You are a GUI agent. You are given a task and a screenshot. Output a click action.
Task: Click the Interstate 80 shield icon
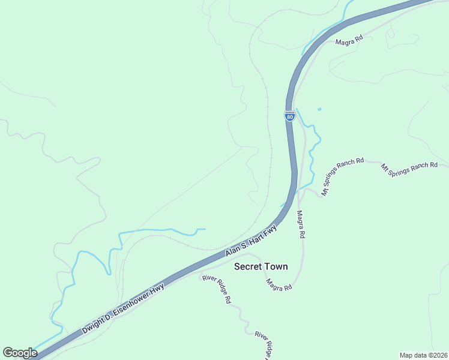tap(290, 116)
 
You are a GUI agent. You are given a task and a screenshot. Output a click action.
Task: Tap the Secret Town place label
tap(261, 266)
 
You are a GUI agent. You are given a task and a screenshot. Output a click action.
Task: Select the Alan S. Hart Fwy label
tap(252, 241)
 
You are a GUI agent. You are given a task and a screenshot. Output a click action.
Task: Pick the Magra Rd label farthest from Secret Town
tap(349, 41)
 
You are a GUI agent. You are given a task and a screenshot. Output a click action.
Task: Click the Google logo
tap(20, 353)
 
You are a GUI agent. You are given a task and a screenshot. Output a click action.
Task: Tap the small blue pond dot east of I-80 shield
tap(319, 109)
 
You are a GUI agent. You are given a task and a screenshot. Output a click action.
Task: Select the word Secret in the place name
tap(247, 266)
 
